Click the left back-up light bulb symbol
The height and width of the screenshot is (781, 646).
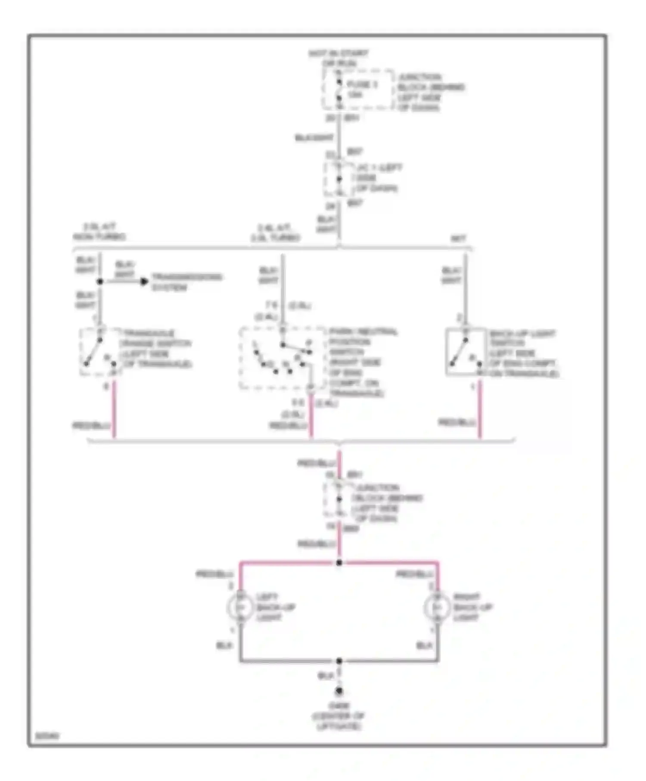click(x=241, y=607)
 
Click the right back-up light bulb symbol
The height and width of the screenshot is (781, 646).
click(x=437, y=607)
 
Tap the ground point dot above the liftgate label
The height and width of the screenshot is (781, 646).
click(x=339, y=691)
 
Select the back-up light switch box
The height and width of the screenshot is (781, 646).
click(x=465, y=351)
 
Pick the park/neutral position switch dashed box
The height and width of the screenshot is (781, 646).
click(x=283, y=358)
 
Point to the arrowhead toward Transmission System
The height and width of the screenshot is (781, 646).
click(x=144, y=282)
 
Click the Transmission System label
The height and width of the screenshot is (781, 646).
click(x=187, y=282)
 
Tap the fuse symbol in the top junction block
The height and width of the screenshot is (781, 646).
click(x=339, y=90)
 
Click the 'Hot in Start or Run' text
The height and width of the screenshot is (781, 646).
click(x=339, y=58)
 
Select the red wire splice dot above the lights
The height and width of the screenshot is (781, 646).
click(x=339, y=562)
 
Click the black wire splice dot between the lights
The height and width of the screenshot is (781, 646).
click(x=339, y=660)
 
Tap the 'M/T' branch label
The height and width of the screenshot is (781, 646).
click(x=458, y=238)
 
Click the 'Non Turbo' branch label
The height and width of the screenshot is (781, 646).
click(x=99, y=237)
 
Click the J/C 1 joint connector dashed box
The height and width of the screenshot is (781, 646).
click(x=340, y=179)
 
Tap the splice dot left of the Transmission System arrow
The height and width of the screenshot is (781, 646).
click(x=100, y=282)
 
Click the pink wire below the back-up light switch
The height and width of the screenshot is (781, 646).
click(x=480, y=409)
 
